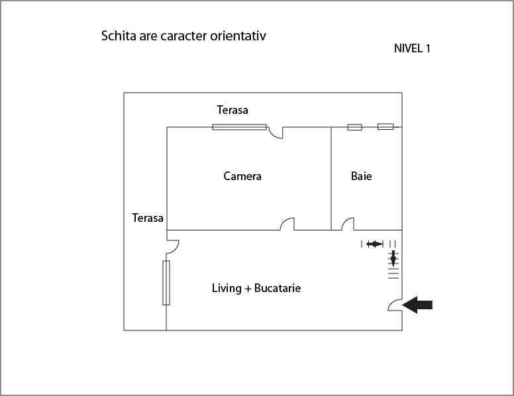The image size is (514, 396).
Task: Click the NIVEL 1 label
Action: [412, 48]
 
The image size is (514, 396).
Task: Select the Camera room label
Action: [242, 176]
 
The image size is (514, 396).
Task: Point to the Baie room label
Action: [361, 176]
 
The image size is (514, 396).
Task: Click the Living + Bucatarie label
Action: [256, 288]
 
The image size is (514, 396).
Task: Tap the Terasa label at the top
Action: [232, 110]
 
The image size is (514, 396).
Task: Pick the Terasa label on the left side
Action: [148, 218]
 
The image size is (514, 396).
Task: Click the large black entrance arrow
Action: [418, 305]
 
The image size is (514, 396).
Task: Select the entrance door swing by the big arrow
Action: [394, 305]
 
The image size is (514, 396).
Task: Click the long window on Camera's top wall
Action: [239, 127]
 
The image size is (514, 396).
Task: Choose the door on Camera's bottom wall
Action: [287, 224]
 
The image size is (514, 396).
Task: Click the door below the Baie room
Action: [348, 224]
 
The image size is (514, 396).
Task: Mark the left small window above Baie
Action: [354, 127]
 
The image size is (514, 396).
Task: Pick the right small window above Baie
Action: [385, 126]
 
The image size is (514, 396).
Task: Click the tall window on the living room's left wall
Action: [166, 282]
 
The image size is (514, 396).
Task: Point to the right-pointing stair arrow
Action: [374, 244]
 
